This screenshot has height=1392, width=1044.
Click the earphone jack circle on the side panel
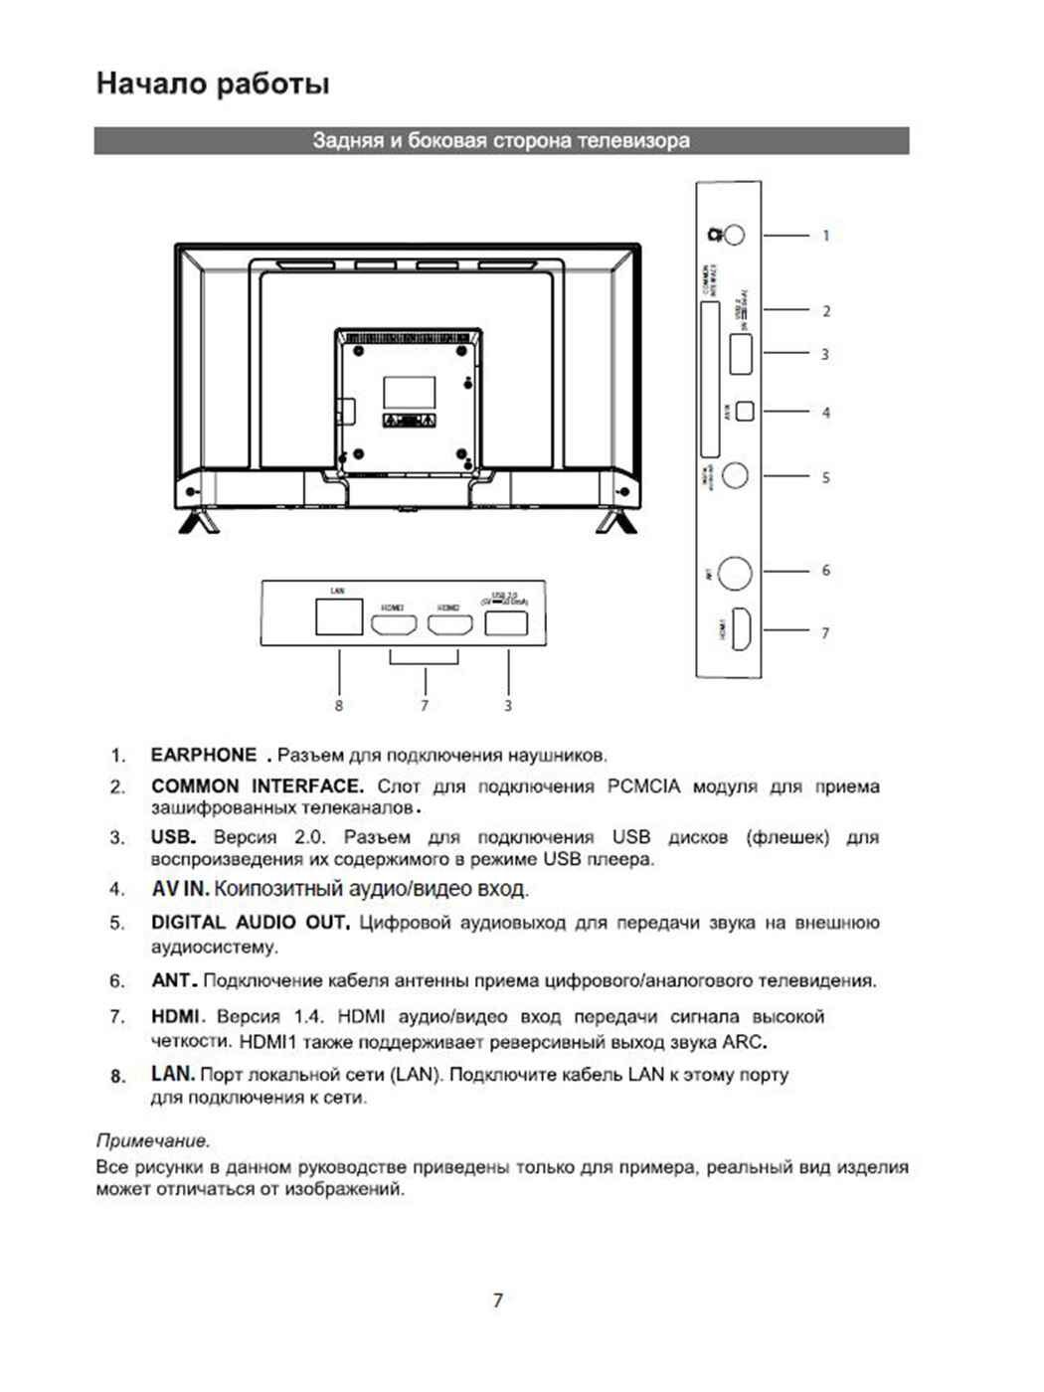pyautogui.click(x=733, y=235)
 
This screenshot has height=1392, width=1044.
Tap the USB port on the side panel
pyautogui.click(x=740, y=355)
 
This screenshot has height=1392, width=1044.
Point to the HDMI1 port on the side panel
pyautogui.click(x=741, y=629)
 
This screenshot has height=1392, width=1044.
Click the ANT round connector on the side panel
pyautogui.click(x=735, y=573)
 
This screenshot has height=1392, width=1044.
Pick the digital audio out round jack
pyautogui.click(x=735, y=475)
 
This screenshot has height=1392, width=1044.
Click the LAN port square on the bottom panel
pyautogui.click(x=338, y=617)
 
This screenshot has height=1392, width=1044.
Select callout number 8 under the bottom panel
pyautogui.click(x=339, y=705)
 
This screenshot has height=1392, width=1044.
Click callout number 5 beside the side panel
pyautogui.click(x=825, y=477)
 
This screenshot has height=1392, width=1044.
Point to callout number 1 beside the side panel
pyautogui.click(x=825, y=236)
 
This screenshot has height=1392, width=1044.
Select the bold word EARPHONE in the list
pyautogui.click(x=204, y=755)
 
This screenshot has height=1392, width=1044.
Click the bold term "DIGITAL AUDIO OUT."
pyautogui.click(x=251, y=923)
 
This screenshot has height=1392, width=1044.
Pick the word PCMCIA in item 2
pyautogui.click(x=643, y=786)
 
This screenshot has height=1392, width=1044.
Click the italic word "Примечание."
pyautogui.click(x=153, y=1140)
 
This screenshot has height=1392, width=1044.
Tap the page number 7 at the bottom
pyautogui.click(x=497, y=1301)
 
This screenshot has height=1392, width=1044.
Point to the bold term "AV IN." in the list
pyautogui.click(x=180, y=889)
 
